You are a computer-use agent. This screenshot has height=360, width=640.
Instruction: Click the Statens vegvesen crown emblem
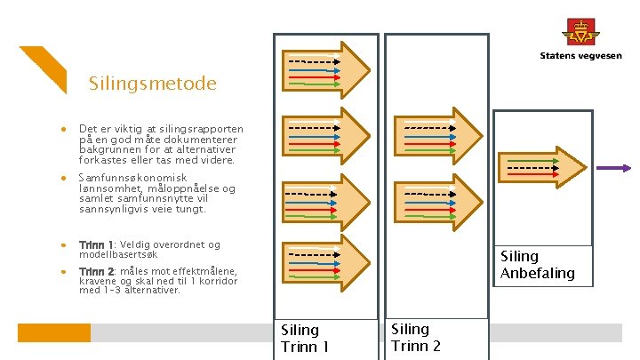point(582,31)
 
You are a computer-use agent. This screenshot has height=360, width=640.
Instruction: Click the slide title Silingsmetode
point(152,84)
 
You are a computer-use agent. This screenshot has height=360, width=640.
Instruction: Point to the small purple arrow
point(613,168)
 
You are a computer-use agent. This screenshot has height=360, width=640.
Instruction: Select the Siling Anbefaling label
point(538,265)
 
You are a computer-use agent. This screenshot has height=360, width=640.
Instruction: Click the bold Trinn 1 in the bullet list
point(96,244)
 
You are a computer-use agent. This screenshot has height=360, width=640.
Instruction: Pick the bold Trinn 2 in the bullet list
point(96,271)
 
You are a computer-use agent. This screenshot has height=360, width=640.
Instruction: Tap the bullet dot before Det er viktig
point(65,130)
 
